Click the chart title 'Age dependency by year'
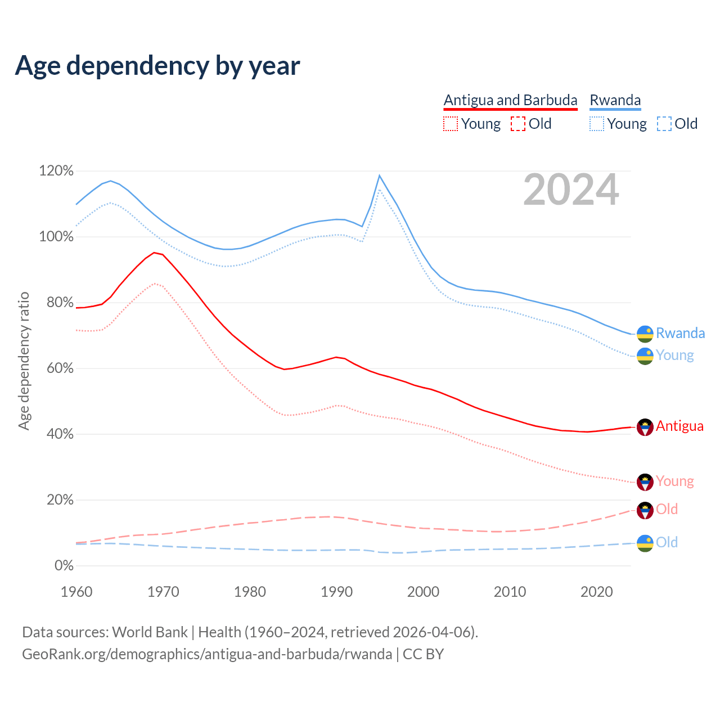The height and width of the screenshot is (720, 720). (157, 65)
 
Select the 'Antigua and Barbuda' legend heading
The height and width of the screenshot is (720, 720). (510, 100)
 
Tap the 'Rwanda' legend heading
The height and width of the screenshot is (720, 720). (615, 100)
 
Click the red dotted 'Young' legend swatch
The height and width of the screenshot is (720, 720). (451, 124)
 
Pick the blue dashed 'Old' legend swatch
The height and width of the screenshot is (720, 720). (664, 124)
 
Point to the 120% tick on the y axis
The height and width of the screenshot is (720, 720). (56, 171)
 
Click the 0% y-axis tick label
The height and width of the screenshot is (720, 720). (64, 566)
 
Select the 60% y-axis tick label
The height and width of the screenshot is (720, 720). (56, 368)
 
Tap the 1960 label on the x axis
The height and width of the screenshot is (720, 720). (76, 592)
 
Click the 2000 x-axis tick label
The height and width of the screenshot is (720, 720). (423, 592)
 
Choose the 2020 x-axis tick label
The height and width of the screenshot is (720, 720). (596, 592)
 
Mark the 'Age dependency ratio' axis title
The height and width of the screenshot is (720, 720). (24, 361)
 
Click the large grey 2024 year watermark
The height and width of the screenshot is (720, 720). (571, 190)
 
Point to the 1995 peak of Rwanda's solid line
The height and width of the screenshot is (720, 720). (380, 175)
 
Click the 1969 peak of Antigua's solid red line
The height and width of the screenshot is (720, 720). (154, 253)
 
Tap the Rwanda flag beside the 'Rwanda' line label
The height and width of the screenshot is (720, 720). (645, 334)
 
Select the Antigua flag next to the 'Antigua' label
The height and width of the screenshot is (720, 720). (645, 427)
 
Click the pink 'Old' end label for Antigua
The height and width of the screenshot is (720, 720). (667, 510)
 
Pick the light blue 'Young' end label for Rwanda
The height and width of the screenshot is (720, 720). (674, 355)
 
